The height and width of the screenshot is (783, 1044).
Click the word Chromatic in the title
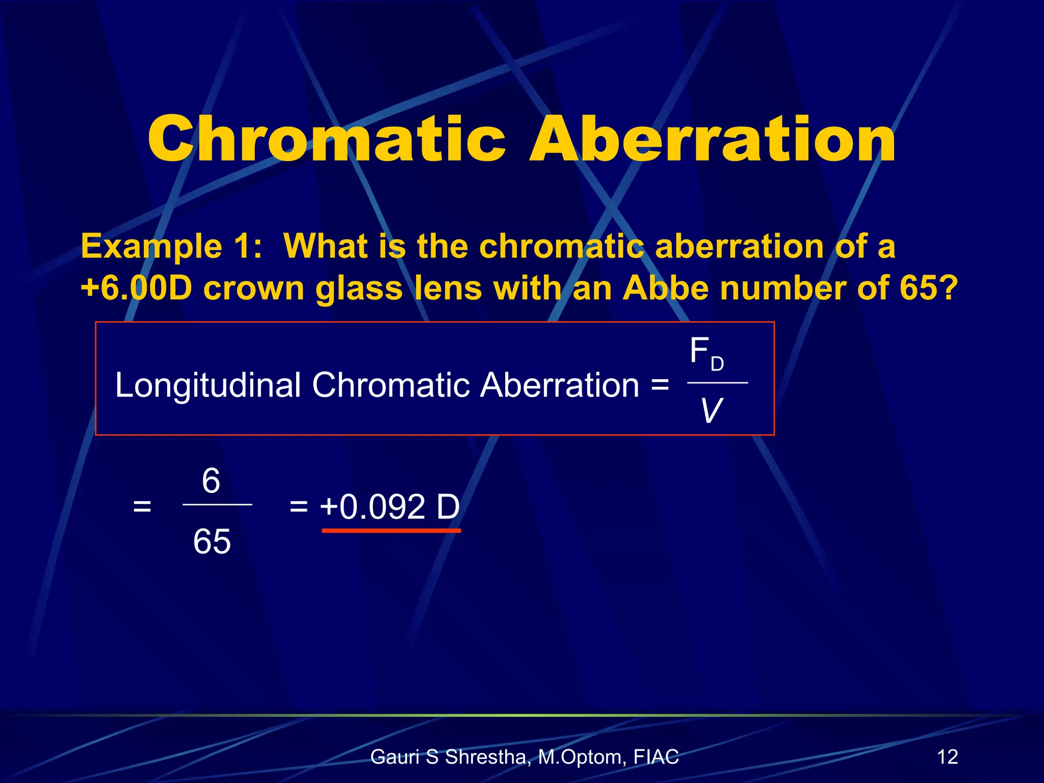pyautogui.click(x=326, y=139)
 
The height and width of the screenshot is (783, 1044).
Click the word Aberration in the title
pyautogui.click(x=712, y=139)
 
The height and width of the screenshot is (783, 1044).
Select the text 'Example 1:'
pyautogui.click(x=171, y=247)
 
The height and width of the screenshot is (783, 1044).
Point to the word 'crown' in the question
pyautogui.click(x=254, y=288)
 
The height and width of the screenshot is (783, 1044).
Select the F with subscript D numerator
pyautogui.click(x=706, y=353)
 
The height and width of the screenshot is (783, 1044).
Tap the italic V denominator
pyautogui.click(x=711, y=411)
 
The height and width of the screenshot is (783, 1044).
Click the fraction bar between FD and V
pyautogui.click(x=717, y=382)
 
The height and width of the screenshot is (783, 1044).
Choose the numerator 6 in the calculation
pyautogui.click(x=211, y=481)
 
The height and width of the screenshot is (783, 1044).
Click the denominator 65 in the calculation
pyautogui.click(x=212, y=541)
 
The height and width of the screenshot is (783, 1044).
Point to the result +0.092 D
pyautogui.click(x=390, y=507)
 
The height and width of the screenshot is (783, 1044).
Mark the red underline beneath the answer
pyautogui.click(x=391, y=531)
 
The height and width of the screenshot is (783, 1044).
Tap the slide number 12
pyautogui.click(x=947, y=756)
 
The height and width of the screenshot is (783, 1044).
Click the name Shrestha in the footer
pyautogui.click(x=485, y=757)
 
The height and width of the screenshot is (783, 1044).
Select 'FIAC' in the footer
pyautogui.click(x=656, y=756)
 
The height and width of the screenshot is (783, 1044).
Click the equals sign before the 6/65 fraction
pyautogui.click(x=142, y=507)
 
